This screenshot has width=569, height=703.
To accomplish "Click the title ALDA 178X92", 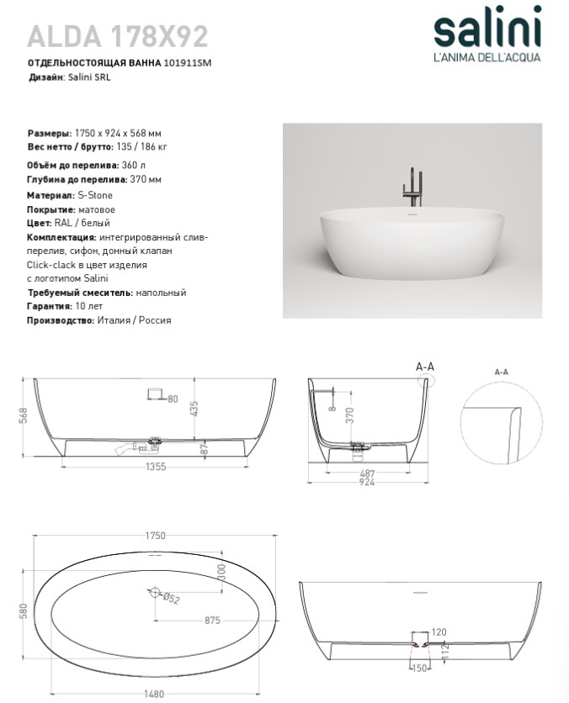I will pyautogui.click(x=118, y=35).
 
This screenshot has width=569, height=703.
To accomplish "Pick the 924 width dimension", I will pyautogui.click(x=368, y=484).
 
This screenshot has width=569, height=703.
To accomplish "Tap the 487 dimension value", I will pyautogui.click(x=368, y=474).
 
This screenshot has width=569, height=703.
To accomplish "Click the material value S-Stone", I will pyautogui.click(x=94, y=195).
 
